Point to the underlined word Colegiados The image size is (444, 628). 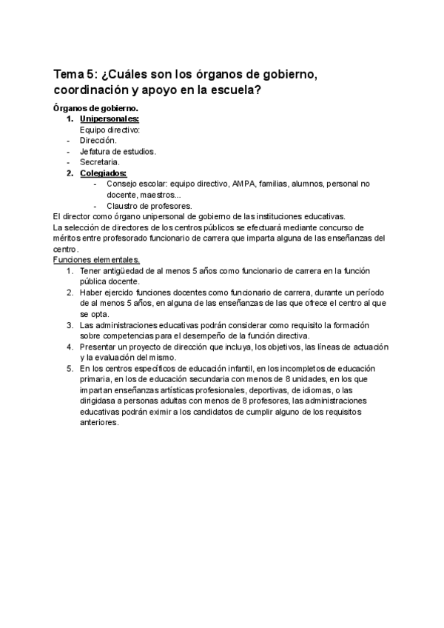pyautogui.click(x=103, y=173)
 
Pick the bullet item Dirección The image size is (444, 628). pyautogui.click(x=98, y=140)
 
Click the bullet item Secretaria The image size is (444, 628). pyautogui.click(x=99, y=161)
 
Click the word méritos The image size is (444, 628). pyautogui.click(x=69, y=238)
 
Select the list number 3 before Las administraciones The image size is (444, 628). pyautogui.click(x=69, y=324)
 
